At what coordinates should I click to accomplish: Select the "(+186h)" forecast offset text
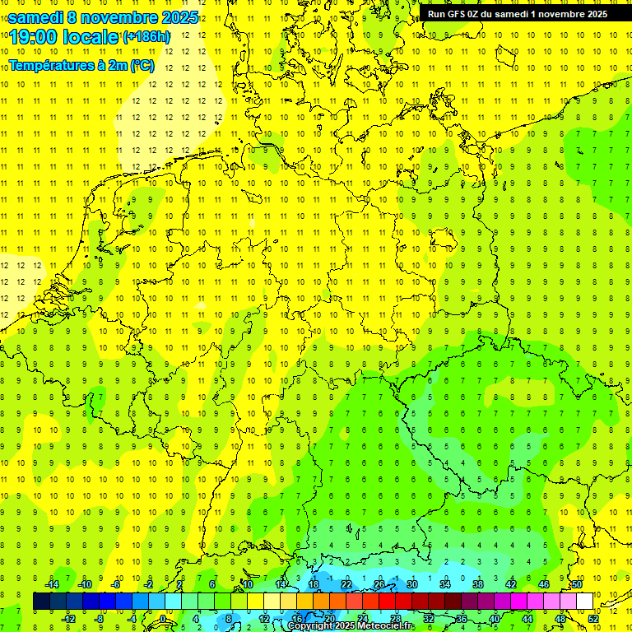(146, 37)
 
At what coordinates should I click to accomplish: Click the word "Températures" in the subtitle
(46, 66)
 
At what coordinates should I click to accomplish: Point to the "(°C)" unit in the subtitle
(142, 66)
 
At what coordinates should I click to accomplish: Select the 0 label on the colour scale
(162, 619)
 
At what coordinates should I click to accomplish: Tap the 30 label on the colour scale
(411, 584)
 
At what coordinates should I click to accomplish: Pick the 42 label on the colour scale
(510, 584)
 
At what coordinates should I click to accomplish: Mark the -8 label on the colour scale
(99, 619)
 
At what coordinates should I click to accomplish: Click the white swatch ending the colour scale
(584, 602)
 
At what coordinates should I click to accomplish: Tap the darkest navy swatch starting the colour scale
(41, 602)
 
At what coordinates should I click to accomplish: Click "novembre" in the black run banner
(560, 13)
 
